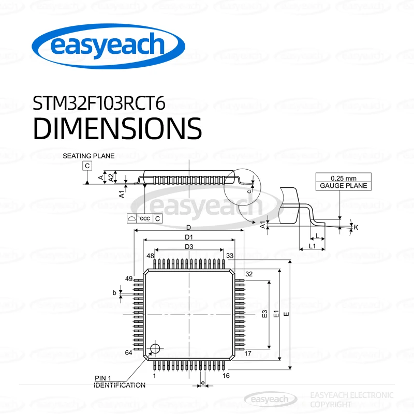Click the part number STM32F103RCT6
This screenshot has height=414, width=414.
99,103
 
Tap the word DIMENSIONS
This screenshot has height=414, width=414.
117,128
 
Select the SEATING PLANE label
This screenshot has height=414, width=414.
88,155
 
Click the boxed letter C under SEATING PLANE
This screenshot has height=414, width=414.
87,166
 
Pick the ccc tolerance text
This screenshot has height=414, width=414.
145,219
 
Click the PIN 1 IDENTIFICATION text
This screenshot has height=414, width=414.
120,381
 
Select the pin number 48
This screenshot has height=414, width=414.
150,256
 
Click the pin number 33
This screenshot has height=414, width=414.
230,256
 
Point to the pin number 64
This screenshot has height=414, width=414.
129,353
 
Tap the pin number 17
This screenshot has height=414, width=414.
248,353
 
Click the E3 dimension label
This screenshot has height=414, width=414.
264,314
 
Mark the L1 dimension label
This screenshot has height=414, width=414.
312,246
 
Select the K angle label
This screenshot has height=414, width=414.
356,227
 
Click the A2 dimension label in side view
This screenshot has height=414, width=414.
111,177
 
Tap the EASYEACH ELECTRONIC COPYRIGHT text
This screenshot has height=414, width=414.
351,399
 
